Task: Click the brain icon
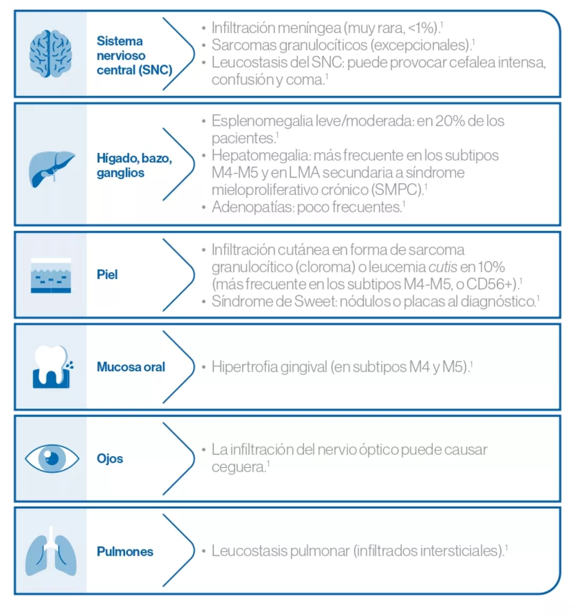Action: coord(51,54)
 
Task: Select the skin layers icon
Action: coord(51,275)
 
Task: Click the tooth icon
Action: coord(51,367)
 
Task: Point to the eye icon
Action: coord(52,458)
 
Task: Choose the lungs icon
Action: coord(51,552)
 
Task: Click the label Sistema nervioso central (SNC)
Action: coord(134,55)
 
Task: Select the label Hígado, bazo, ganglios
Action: coord(134,165)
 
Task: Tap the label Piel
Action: coord(107,274)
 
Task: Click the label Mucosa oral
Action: coord(131,367)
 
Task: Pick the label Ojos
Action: coord(110,458)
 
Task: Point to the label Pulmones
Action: coord(125,552)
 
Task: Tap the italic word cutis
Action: coord(443,266)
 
